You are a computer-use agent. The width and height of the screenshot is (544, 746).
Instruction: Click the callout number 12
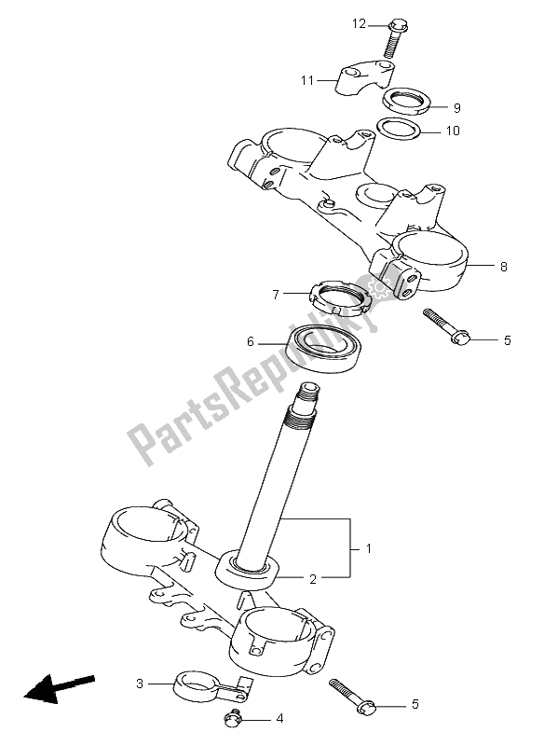[360, 23]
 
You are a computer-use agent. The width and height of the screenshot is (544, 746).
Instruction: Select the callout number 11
[307, 80]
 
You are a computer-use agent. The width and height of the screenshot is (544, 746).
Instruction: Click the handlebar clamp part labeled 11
[365, 77]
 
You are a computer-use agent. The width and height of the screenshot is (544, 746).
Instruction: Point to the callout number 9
[457, 108]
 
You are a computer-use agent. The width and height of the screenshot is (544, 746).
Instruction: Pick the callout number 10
[454, 131]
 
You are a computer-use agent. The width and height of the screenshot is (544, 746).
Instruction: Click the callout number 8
[504, 267]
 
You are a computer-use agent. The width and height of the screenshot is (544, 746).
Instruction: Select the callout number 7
[276, 295]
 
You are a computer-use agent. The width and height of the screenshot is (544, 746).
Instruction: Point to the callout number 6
[251, 341]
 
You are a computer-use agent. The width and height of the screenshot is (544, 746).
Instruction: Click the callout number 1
[368, 548]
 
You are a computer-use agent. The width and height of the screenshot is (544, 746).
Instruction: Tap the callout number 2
[313, 579]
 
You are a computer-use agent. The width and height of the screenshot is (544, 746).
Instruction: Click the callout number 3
[139, 684]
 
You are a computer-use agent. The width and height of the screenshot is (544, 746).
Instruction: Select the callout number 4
[279, 718]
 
